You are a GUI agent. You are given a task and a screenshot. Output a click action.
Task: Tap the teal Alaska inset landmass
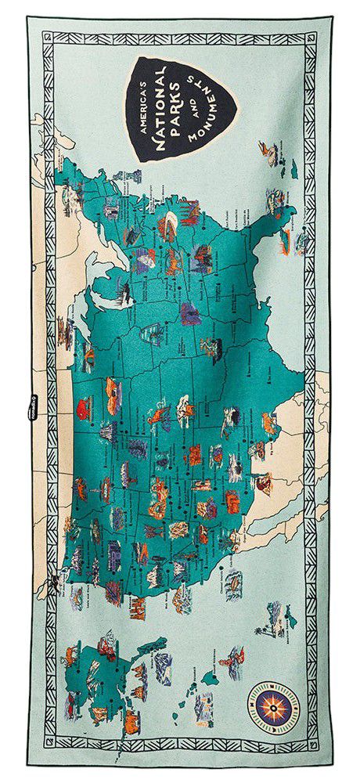point(102,673)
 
